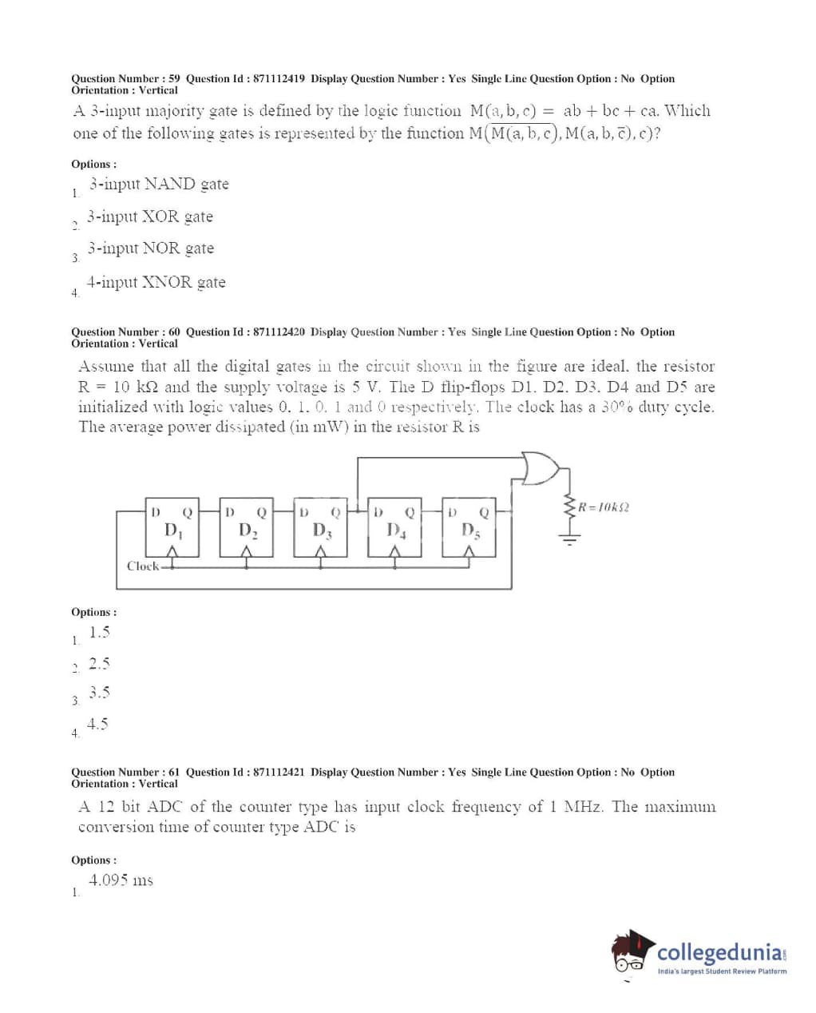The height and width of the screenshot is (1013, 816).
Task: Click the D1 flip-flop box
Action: (x=172, y=527)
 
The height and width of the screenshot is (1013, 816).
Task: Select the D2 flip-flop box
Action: (x=246, y=527)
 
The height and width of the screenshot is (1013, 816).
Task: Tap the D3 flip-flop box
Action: (x=321, y=527)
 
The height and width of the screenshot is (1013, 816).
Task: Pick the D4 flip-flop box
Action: (x=394, y=527)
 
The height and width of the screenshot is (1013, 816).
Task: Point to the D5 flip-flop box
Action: (x=469, y=527)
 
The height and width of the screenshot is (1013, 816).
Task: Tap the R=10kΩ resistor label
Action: (x=604, y=507)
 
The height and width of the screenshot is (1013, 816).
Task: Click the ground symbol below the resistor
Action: (x=569, y=538)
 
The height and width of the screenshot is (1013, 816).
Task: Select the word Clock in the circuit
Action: (x=143, y=566)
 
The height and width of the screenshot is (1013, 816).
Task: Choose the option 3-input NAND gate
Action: (x=159, y=185)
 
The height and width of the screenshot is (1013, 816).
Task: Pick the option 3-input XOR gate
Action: (x=150, y=217)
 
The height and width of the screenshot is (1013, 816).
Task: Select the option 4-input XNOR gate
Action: (x=156, y=282)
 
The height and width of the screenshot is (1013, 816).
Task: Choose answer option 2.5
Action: (x=99, y=664)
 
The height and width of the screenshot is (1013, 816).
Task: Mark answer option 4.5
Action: (x=97, y=725)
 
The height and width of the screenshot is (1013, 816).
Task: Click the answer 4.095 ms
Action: (x=121, y=880)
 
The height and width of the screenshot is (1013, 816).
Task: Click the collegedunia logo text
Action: (x=719, y=952)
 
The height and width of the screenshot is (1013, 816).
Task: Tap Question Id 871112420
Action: (x=279, y=332)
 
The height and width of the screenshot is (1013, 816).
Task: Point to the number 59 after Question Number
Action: (x=174, y=78)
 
